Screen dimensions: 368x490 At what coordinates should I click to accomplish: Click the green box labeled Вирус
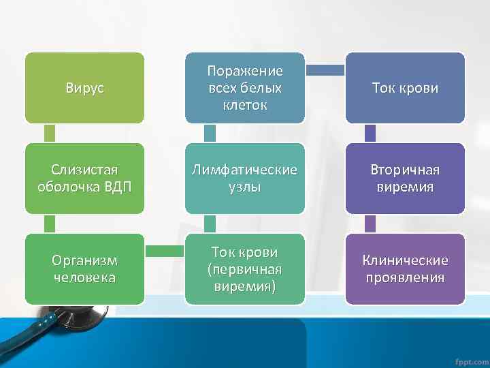point(84,88)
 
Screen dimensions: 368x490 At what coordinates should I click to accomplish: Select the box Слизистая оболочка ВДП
point(84,179)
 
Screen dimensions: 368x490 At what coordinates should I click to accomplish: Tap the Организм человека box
point(84,269)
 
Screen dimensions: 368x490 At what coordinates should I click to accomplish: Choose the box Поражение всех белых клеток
point(245,88)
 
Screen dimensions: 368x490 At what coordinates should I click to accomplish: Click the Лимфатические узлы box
point(245,179)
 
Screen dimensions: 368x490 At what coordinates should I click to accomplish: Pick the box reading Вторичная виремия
point(406,179)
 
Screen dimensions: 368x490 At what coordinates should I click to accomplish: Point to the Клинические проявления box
point(406,269)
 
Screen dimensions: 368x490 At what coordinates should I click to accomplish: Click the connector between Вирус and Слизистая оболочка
point(50,133)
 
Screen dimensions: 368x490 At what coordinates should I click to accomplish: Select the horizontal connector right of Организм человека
point(165,251)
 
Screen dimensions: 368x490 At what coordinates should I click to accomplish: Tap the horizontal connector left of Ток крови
point(325,70)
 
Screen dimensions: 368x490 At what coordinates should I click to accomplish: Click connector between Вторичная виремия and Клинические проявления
point(371,224)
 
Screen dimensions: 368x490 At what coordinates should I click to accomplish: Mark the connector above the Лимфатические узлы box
point(210,133)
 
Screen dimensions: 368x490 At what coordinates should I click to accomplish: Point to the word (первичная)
point(245,269)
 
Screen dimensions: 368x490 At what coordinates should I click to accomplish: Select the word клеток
point(245,105)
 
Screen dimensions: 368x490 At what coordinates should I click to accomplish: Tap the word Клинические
point(406,260)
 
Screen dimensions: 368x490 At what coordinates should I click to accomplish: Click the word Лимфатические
point(245,170)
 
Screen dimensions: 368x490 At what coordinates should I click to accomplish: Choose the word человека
point(84,277)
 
